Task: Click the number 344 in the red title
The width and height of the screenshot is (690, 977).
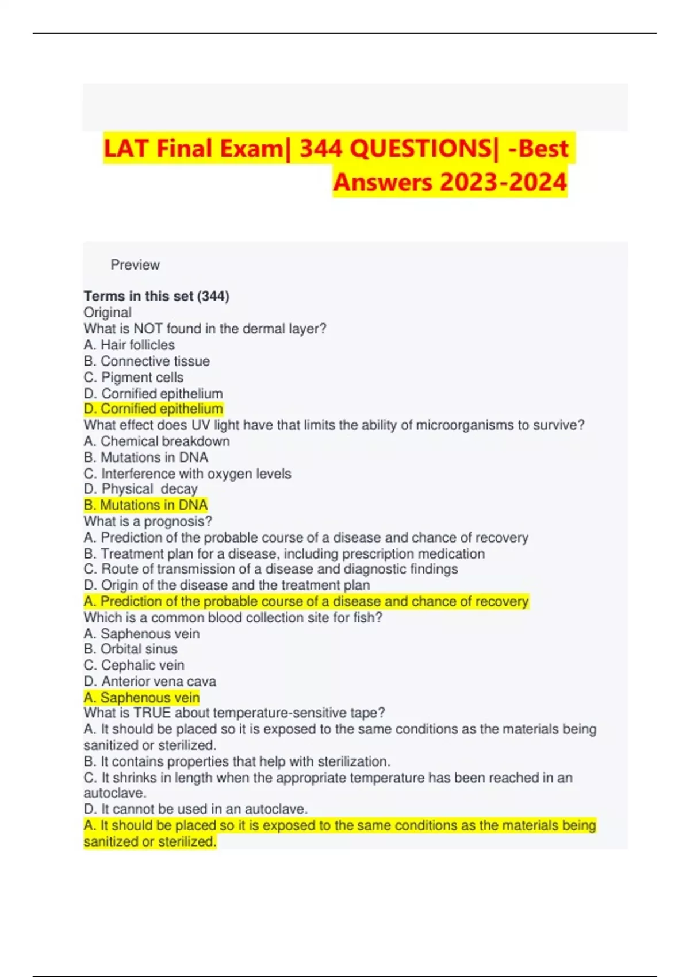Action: coord(320,149)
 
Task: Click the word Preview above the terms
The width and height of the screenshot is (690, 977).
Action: coord(135,265)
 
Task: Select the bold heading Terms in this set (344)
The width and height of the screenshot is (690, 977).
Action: coord(156,296)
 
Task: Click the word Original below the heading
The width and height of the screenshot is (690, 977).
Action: coord(108,312)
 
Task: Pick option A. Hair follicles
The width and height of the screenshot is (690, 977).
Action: coord(129,345)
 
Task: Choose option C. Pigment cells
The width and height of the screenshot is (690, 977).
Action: coord(134,378)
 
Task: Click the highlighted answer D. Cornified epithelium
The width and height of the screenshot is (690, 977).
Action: coord(154,409)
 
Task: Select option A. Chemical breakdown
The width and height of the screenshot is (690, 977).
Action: coord(157,441)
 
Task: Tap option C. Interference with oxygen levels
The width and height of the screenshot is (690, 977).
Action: coord(187,474)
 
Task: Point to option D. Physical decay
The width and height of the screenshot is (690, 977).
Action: coord(141,489)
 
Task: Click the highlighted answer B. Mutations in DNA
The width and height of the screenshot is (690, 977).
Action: coord(145,505)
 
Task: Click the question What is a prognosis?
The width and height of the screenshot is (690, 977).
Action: coord(148,521)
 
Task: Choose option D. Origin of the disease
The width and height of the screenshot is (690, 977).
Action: coord(227,585)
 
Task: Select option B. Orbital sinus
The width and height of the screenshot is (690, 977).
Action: coord(131,649)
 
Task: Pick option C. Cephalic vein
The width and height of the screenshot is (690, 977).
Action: coord(134,665)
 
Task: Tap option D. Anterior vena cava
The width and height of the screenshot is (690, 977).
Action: coord(150,682)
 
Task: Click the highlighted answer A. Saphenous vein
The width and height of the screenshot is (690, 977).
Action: coord(142,698)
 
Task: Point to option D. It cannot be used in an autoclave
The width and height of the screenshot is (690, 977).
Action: coord(195,809)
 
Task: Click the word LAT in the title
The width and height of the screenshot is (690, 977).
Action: coord(127,149)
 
